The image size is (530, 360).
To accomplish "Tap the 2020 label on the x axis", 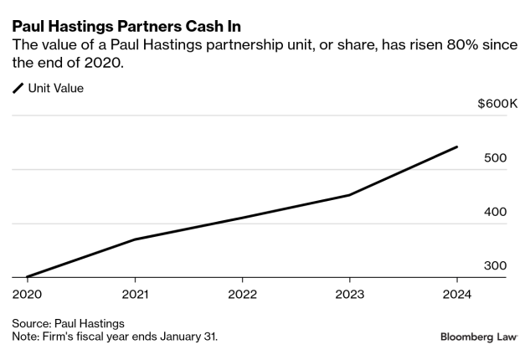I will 28,294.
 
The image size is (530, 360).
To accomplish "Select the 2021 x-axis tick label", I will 135,294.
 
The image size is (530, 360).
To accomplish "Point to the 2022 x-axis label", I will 242,294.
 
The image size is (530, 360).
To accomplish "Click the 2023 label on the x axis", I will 349,294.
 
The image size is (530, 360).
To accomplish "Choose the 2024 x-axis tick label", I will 456,294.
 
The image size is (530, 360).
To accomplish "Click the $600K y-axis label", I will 498,104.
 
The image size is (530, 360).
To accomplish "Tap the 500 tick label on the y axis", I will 497,158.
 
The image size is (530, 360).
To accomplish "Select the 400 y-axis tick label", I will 497,212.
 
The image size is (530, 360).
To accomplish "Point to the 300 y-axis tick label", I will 497,265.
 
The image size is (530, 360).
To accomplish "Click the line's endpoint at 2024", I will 456,147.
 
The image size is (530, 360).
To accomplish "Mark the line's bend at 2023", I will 349,195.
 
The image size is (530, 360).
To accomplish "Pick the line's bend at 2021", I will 135,239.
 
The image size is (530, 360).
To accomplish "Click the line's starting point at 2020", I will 28,277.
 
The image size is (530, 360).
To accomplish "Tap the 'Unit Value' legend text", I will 56,88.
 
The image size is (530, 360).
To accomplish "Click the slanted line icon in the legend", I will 18,88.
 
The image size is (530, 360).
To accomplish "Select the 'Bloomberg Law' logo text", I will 479,337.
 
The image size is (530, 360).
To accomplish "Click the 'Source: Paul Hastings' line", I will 68,322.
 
